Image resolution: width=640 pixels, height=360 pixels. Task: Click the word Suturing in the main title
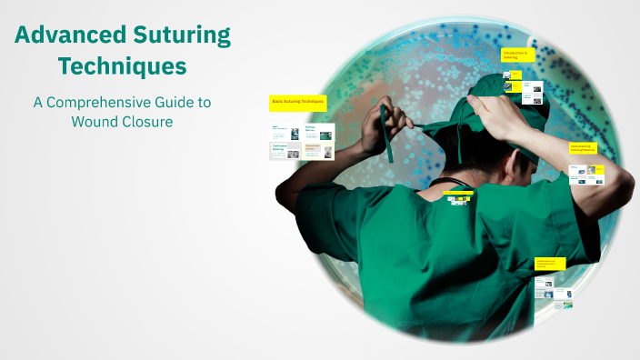pos(182,36)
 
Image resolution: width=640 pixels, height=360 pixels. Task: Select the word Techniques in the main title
pos(122,66)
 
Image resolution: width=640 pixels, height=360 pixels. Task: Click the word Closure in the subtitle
pos(147,122)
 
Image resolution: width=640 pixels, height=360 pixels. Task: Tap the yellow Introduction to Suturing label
pos(517,55)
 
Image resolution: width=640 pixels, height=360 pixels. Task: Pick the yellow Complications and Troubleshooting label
pos(549,264)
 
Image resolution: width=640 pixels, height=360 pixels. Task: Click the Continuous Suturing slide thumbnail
pos(285,150)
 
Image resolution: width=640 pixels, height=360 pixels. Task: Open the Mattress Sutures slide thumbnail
pos(318,133)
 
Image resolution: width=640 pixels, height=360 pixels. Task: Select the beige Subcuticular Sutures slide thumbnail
pos(318,150)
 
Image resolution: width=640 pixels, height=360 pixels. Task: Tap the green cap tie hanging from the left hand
pos(388,136)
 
